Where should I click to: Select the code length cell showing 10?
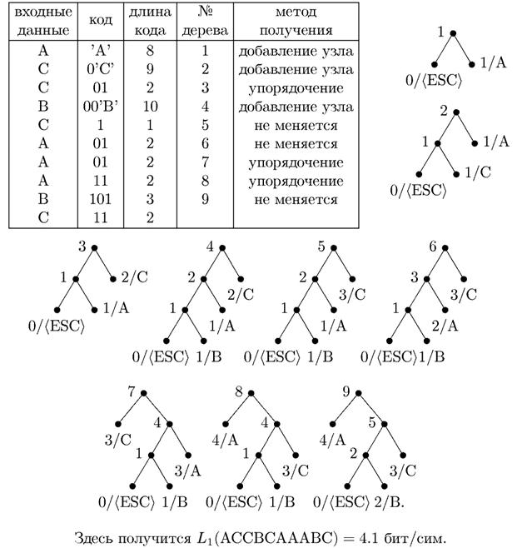click(x=151, y=107)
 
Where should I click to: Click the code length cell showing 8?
click(x=151, y=51)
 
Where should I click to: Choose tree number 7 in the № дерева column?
click(x=205, y=162)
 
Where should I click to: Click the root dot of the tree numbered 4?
click(x=221, y=247)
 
